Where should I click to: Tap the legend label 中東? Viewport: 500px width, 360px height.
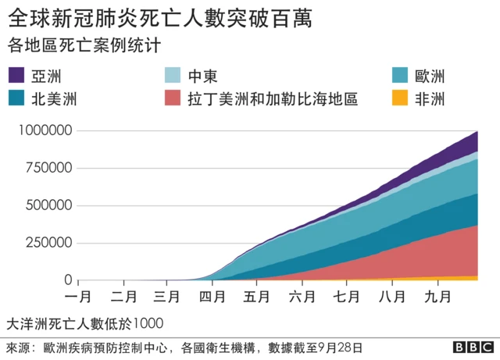[202, 76]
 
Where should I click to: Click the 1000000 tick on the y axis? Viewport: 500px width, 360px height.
[45, 131]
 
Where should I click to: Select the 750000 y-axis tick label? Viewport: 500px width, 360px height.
[48, 169]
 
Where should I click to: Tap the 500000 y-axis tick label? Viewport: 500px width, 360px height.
[48, 206]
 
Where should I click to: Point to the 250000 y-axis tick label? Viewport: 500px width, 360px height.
[48, 243]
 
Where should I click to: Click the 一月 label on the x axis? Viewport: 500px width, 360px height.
[79, 297]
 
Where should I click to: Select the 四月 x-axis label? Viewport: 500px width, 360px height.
[212, 297]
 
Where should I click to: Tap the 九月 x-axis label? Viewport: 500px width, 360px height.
[436, 297]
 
